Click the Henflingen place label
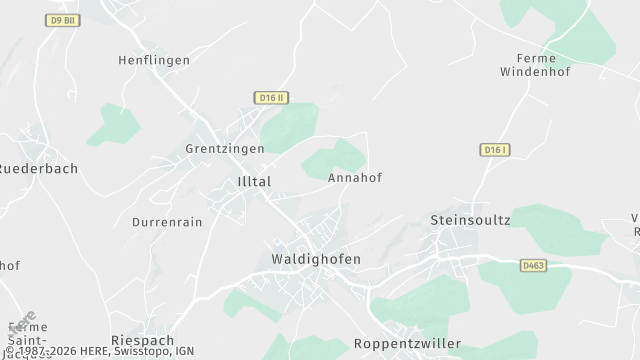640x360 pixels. pyautogui.click(x=154, y=61)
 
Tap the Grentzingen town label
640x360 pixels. pyautogui.click(x=225, y=148)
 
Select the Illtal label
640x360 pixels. pyautogui.click(x=254, y=181)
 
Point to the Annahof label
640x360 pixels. pyautogui.click(x=355, y=177)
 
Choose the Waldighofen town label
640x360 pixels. pyautogui.click(x=316, y=259)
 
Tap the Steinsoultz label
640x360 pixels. pyautogui.click(x=470, y=219)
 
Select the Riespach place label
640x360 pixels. pyautogui.click(x=143, y=340)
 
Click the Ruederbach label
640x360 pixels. pyautogui.click(x=40, y=169)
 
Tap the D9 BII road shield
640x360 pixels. pyautogui.click(x=63, y=20)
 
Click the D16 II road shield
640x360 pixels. pyautogui.click(x=271, y=97)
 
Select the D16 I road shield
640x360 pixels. pyautogui.click(x=495, y=150)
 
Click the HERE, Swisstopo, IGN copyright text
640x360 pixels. pyautogui.click(x=100, y=352)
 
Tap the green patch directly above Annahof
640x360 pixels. pyautogui.click(x=335, y=158)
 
